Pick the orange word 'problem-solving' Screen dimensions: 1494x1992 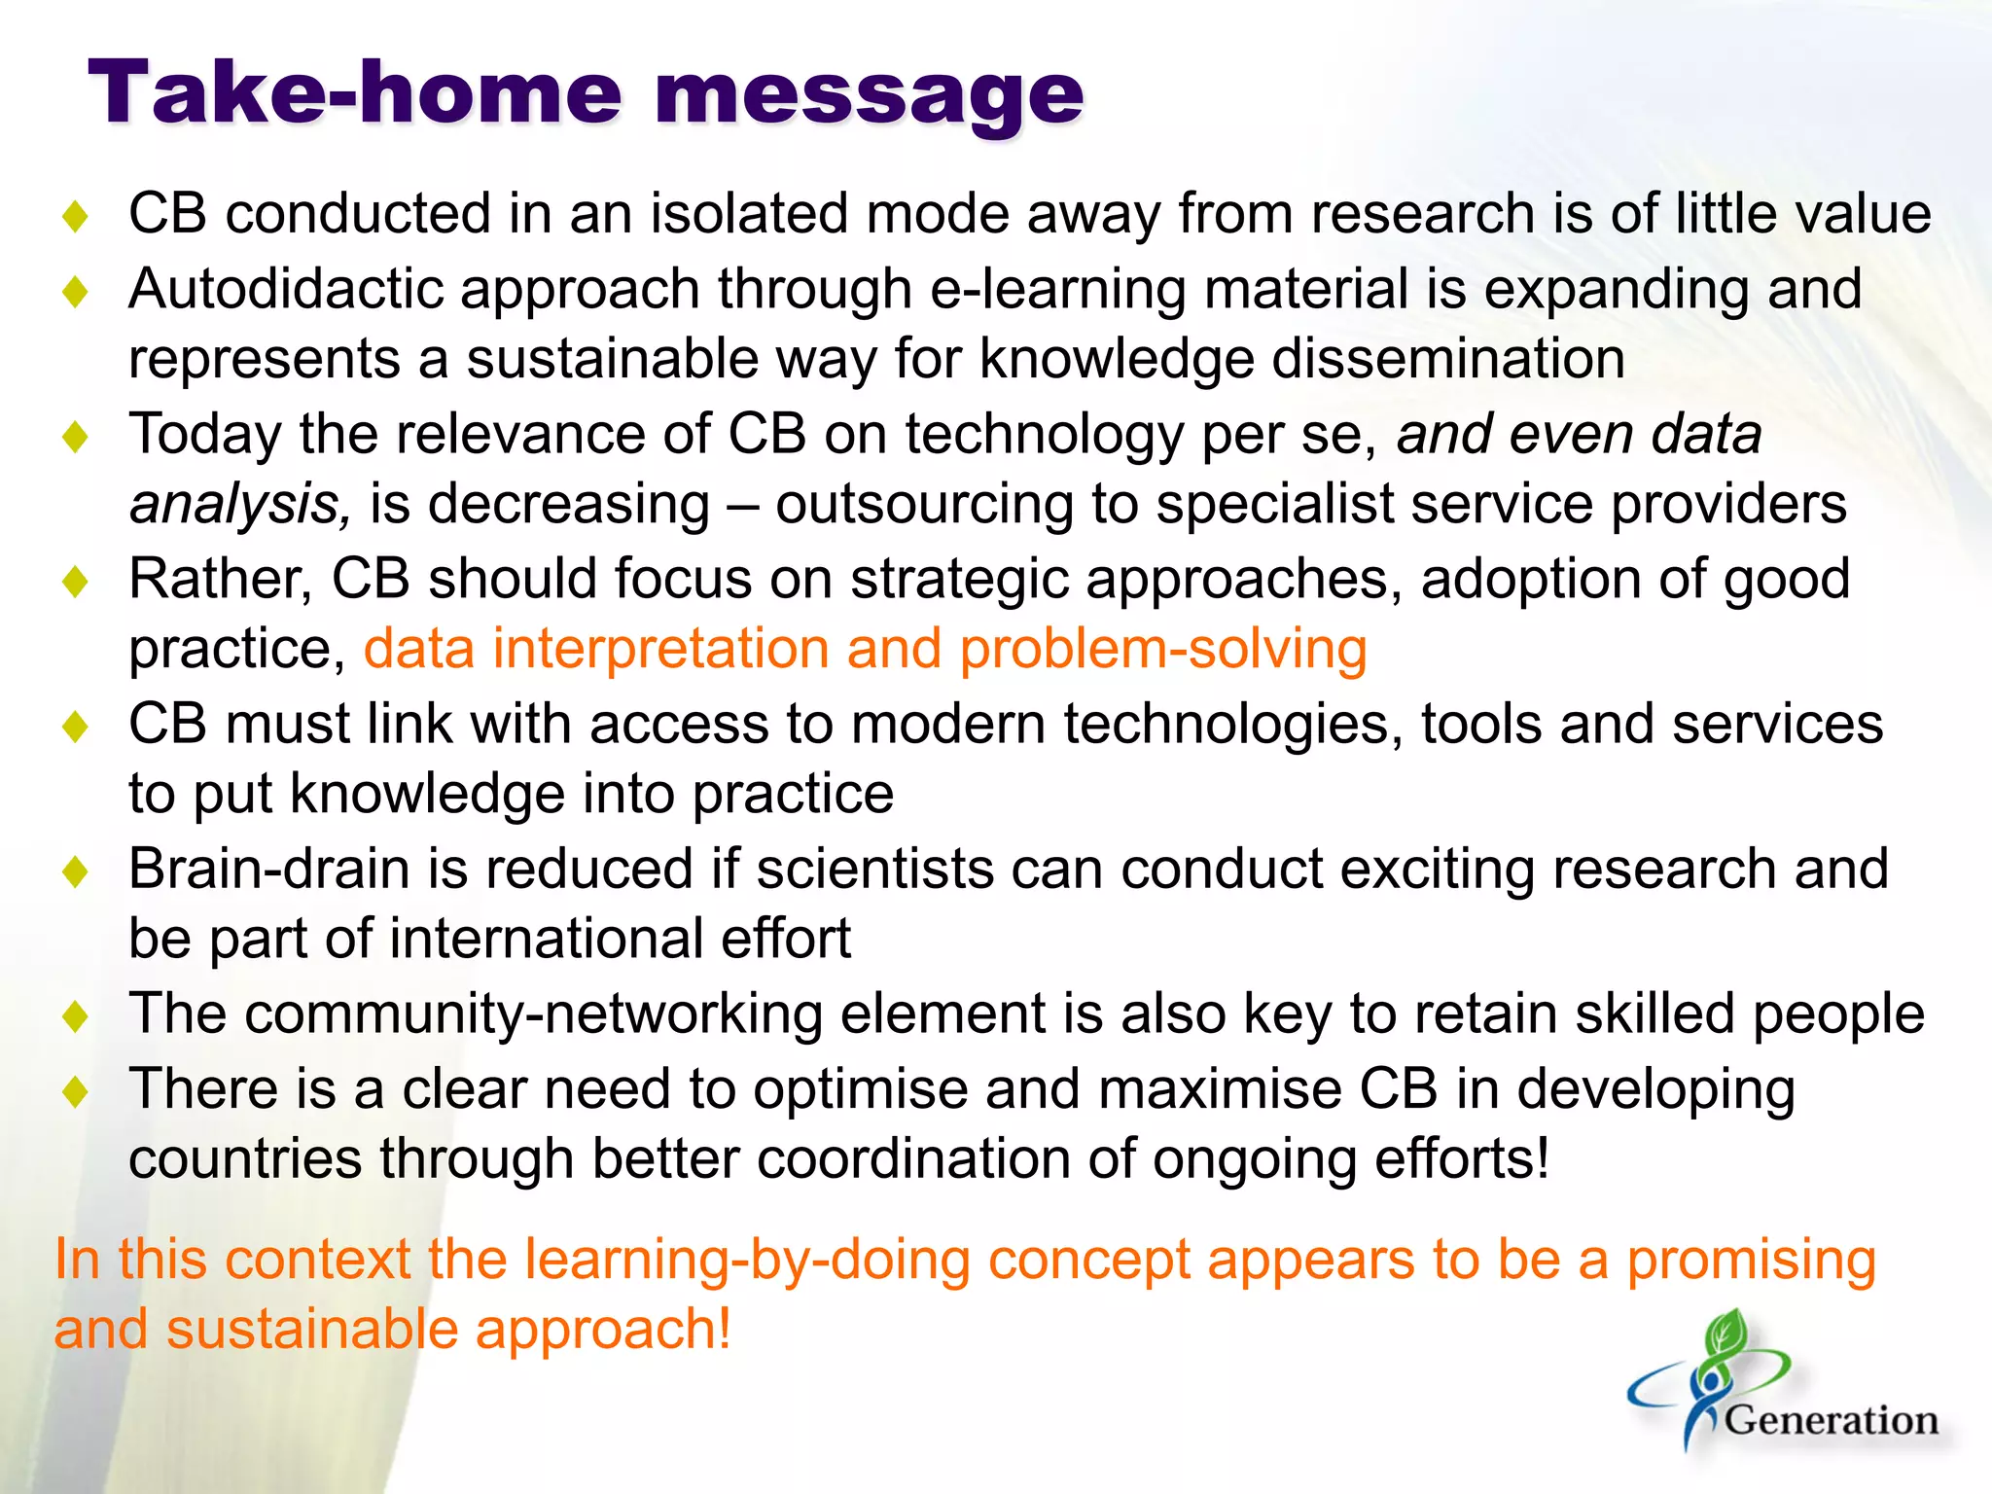coord(1162,650)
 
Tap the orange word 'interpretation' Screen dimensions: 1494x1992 coord(660,650)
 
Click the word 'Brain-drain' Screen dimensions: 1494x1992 coord(268,869)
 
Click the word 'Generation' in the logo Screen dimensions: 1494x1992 coord(1831,1421)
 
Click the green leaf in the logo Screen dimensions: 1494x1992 coord(1725,1334)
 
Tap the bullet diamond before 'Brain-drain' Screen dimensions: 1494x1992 coord(75,871)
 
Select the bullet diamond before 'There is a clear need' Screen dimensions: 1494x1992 coord(75,1091)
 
